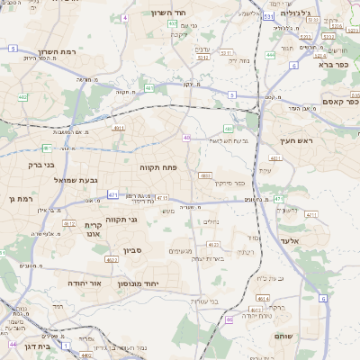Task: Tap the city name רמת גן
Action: coord(17,198)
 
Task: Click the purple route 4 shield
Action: coord(127,17)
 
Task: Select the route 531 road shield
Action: coord(269,16)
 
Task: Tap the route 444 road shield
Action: coord(270,55)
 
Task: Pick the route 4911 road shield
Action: coord(119,129)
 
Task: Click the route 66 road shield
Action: coord(229,319)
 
